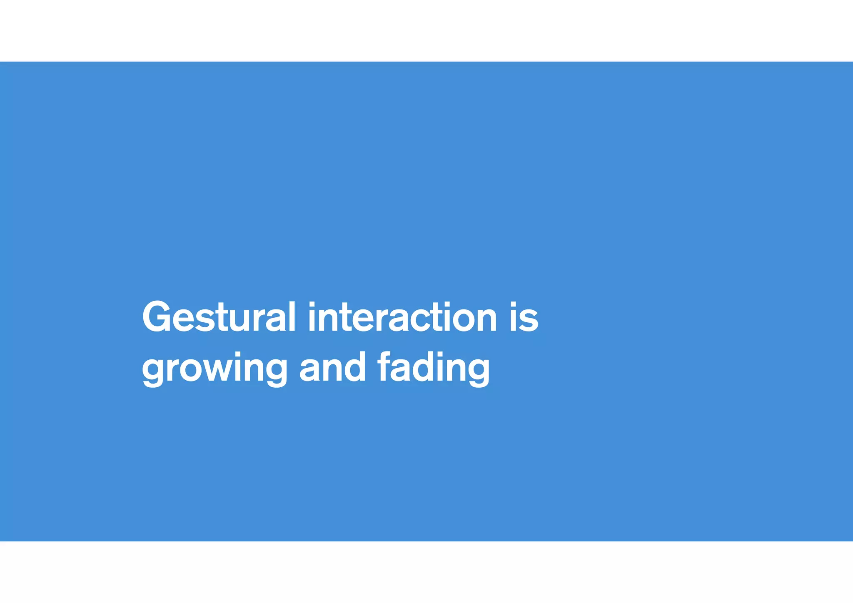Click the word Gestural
(219, 317)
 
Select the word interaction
(402, 317)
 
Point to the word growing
(214, 368)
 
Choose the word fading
(434, 368)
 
